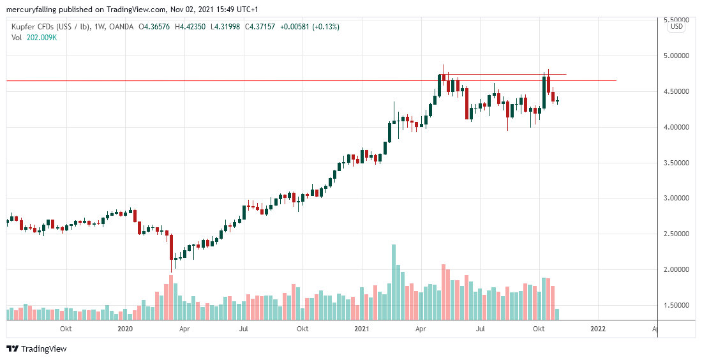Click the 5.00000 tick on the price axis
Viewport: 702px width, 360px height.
676,56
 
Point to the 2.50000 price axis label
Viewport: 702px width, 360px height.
676,234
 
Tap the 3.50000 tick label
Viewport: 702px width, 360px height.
676,163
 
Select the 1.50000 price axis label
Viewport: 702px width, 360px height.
676,305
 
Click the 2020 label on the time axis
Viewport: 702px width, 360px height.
125,329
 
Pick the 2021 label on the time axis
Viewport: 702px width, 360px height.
361,329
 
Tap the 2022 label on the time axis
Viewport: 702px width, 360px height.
598,329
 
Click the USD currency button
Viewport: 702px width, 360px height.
676,27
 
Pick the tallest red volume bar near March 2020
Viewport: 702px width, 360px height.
171,297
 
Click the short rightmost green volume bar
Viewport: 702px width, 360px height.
557,314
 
